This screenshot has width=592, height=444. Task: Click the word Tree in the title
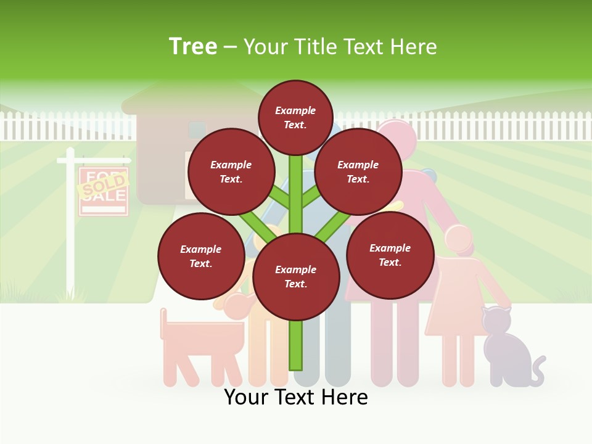point(193,47)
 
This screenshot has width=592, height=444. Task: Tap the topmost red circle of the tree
point(295,117)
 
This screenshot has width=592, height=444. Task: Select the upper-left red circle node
point(231,171)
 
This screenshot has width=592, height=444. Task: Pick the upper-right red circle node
point(358,171)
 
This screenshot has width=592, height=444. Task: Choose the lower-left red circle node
point(200,256)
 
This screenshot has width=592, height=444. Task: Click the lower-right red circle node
point(390,255)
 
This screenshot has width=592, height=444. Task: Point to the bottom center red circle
point(295,277)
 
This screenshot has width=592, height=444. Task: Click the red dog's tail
point(163,323)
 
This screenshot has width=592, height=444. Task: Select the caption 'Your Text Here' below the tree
point(295,397)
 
